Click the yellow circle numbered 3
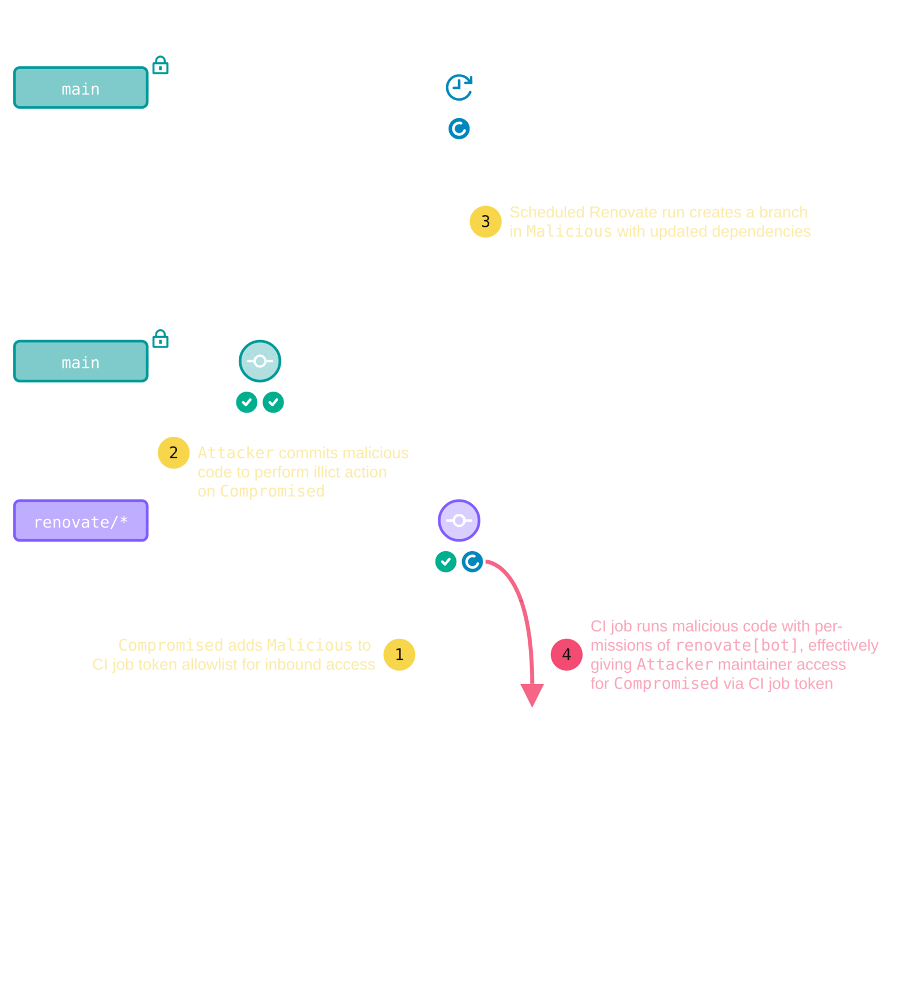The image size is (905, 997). [485, 221]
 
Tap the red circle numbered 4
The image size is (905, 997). [566, 655]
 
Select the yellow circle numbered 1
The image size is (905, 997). [399, 655]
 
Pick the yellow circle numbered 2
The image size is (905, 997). [173, 453]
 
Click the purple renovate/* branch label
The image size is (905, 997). [81, 521]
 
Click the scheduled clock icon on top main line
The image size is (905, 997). [459, 87]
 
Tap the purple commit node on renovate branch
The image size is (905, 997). [459, 521]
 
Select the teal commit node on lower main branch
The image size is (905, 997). [260, 361]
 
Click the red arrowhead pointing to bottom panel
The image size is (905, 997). [532, 695]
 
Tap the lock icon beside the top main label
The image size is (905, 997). [161, 66]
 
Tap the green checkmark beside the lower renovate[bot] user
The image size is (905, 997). [446, 562]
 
